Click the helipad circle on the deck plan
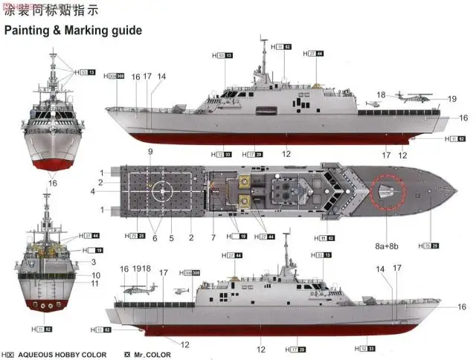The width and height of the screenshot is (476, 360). (x=161, y=190)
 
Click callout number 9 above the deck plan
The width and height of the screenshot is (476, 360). (x=149, y=152)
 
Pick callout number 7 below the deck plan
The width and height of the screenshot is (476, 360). (x=213, y=238)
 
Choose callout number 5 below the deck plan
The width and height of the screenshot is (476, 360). (x=170, y=238)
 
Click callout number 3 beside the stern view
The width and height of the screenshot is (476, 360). (x=94, y=261)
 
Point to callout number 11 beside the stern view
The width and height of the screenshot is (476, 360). (x=96, y=283)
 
